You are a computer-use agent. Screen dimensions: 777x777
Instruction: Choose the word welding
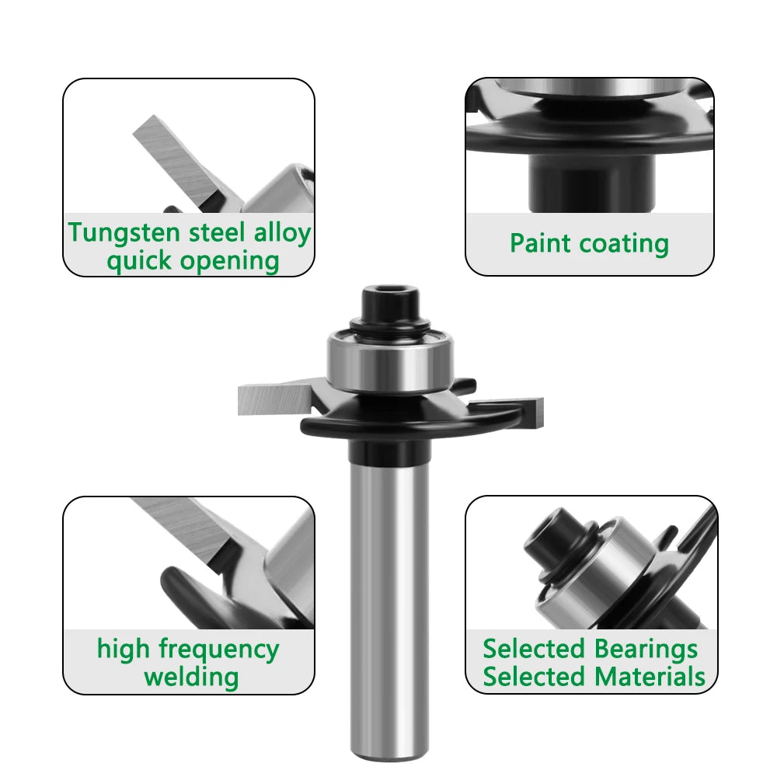tap(191, 676)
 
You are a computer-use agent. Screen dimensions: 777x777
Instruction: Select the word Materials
tap(650, 676)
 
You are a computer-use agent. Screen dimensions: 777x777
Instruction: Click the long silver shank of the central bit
tap(389, 606)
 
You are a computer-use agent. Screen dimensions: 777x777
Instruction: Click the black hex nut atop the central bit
tap(385, 300)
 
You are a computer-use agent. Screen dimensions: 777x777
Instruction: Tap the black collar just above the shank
tap(389, 448)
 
